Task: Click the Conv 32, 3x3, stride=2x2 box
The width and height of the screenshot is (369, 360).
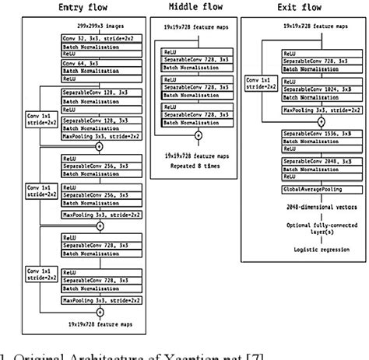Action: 99,37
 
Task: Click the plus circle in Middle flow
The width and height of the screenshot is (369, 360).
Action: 198,135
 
